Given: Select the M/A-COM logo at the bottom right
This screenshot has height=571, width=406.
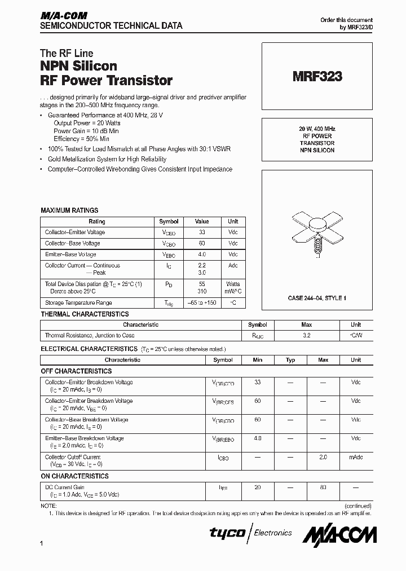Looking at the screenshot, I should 340,533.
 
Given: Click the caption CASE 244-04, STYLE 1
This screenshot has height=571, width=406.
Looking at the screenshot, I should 317,297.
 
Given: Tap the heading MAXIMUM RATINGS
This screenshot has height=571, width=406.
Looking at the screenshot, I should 69,210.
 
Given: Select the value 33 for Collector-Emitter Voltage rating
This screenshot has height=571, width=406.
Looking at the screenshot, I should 202,232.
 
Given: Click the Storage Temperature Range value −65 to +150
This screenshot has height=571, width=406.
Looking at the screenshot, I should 202,303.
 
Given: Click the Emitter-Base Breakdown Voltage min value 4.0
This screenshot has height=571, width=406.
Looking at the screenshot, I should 258,438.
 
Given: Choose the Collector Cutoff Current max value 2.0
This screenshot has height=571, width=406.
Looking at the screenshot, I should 323,457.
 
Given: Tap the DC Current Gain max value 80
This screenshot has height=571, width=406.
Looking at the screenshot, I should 323,487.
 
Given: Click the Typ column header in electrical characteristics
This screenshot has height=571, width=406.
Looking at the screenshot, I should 290,360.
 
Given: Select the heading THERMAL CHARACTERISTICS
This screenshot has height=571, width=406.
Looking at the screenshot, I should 85,314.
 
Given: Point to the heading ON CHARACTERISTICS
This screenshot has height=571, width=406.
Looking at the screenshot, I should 74,476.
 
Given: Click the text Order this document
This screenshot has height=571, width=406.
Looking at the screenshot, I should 346,20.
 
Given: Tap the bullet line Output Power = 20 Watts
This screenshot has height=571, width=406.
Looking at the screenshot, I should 87,122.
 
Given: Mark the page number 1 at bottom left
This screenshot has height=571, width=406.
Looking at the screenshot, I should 42,543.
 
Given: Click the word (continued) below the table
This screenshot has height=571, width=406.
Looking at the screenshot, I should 356,506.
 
